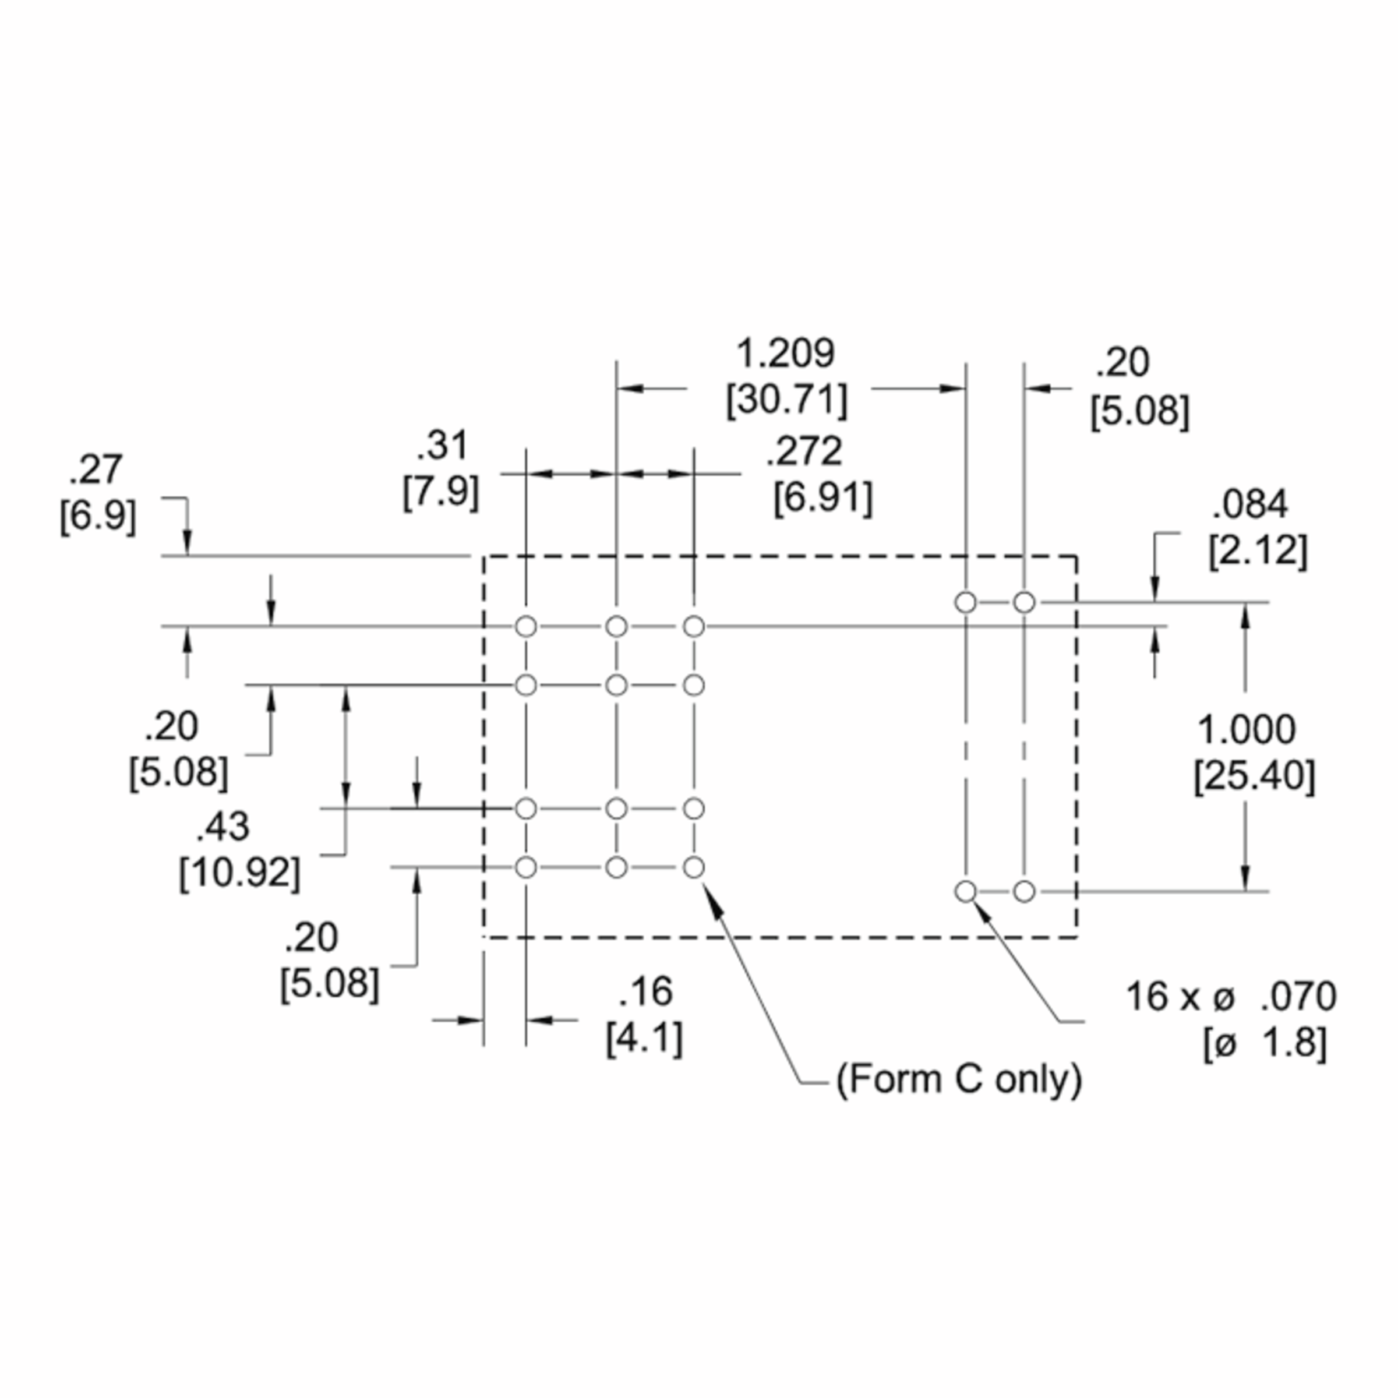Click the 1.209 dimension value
coord(785,354)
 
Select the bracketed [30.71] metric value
coord(786,400)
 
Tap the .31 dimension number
coord(442,446)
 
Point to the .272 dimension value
coord(804,451)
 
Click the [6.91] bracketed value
coord(822,498)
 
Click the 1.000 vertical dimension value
coord(1247,729)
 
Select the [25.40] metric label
coord(1254,776)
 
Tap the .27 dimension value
coord(96,470)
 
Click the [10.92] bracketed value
coord(239,873)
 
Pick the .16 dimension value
coord(645,991)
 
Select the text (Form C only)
coord(959,1079)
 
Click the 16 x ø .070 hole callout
coord(1231,997)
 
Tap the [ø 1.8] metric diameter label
coord(1265,1043)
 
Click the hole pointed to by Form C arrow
coord(693,867)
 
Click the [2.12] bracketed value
coord(1258,552)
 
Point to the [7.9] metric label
coord(441,493)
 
